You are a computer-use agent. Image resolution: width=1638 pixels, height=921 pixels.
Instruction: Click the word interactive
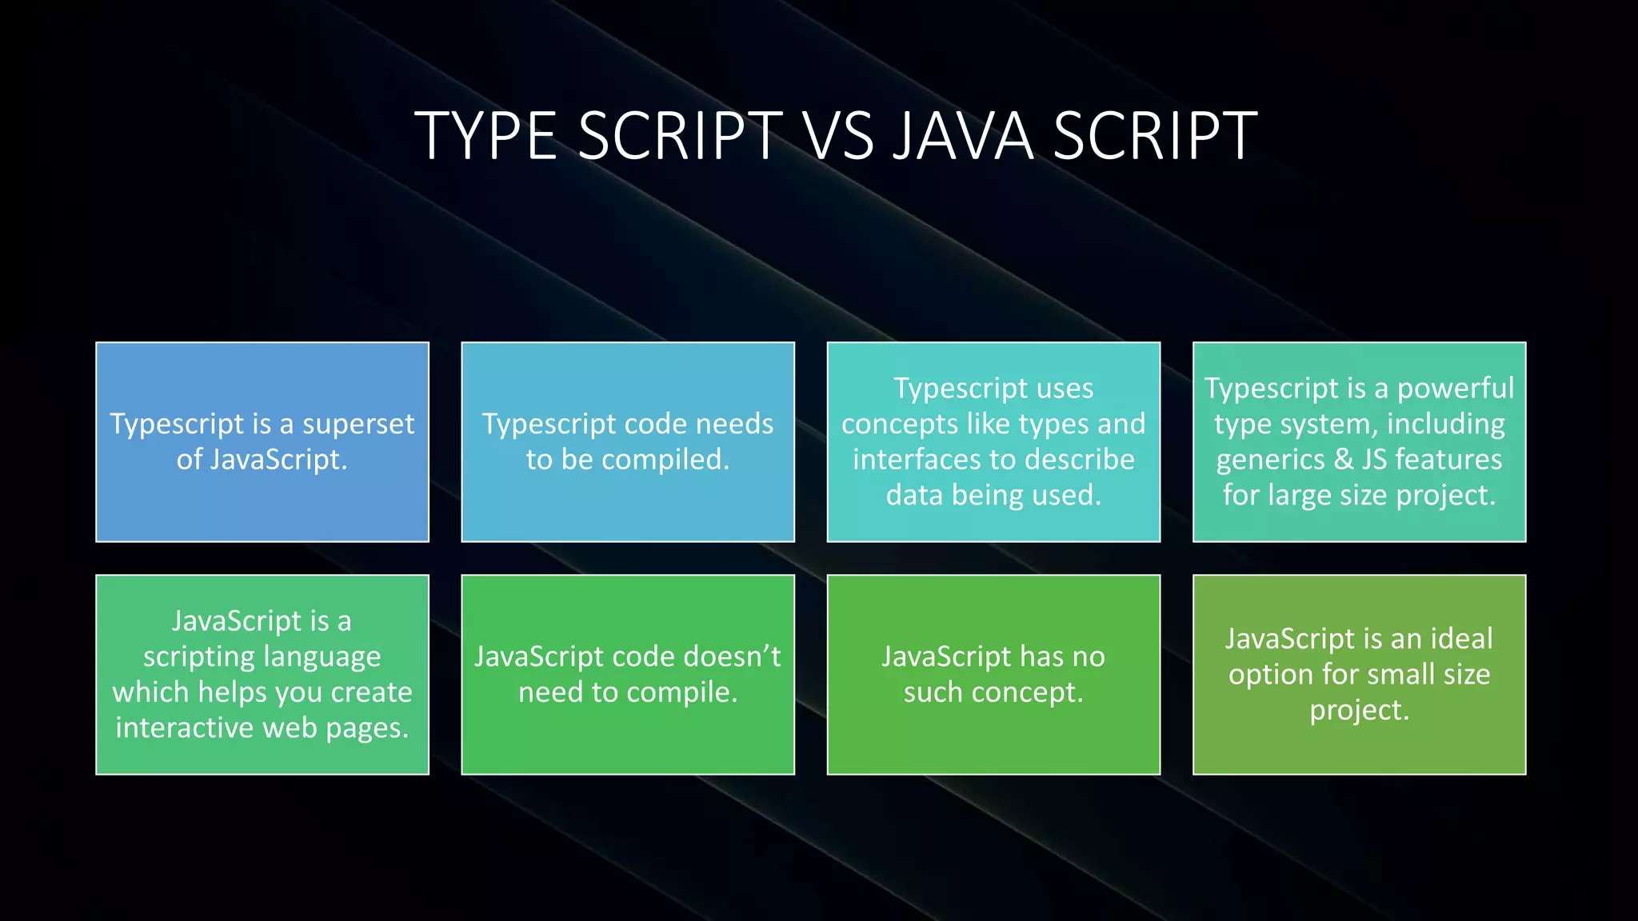tap(184, 728)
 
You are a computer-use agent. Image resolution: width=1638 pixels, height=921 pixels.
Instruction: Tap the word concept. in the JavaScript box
tap(1027, 692)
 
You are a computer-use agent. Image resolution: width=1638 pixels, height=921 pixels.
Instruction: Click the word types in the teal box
tap(1041, 425)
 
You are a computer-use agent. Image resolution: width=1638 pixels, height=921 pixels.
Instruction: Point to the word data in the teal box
tap(915, 496)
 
